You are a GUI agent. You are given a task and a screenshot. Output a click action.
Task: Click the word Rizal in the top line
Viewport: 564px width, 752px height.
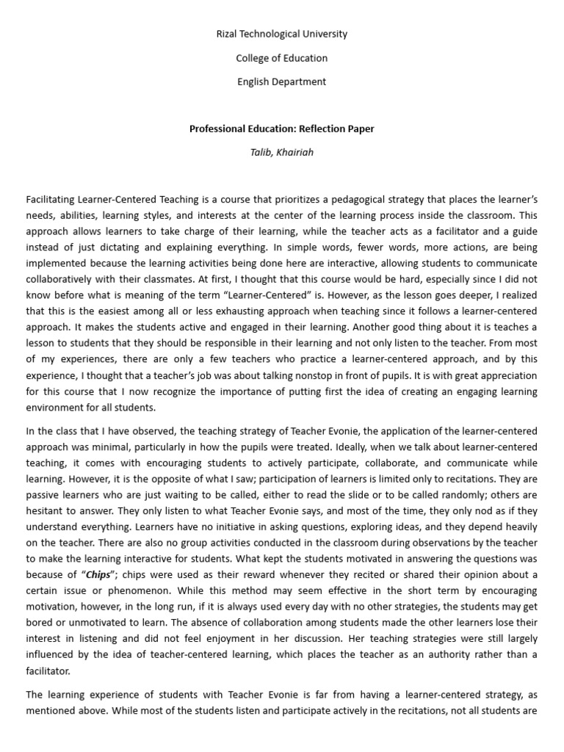click(x=228, y=34)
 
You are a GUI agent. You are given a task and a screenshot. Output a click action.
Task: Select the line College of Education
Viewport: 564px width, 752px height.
click(x=282, y=58)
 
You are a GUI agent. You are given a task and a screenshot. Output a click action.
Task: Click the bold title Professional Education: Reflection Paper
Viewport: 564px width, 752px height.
click(x=282, y=129)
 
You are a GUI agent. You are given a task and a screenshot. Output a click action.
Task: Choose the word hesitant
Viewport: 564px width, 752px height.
click(x=48, y=510)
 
